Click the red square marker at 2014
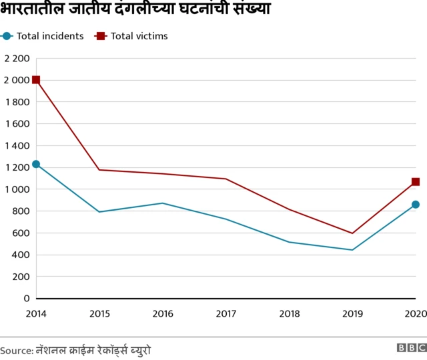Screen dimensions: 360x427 point(36,80)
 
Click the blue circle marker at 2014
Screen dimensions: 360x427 point(36,164)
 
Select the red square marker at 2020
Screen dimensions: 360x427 point(416,181)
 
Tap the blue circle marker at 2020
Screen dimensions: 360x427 point(416,205)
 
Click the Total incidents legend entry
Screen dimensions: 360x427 point(44,36)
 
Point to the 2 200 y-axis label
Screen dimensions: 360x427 point(17,59)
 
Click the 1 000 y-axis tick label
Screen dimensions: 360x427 point(17,189)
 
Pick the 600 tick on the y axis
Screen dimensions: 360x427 point(20,233)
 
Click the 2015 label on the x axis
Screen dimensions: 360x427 point(99,313)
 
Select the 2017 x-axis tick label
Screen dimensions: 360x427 point(226,313)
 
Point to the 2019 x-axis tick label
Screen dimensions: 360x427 point(352,313)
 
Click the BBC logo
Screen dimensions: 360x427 point(411,348)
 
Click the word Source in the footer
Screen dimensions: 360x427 point(15,350)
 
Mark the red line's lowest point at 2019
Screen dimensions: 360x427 point(352,233)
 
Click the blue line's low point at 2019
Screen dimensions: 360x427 point(352,250)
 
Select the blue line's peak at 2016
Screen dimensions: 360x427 point(163,203)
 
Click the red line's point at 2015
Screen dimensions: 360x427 point(99,169)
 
